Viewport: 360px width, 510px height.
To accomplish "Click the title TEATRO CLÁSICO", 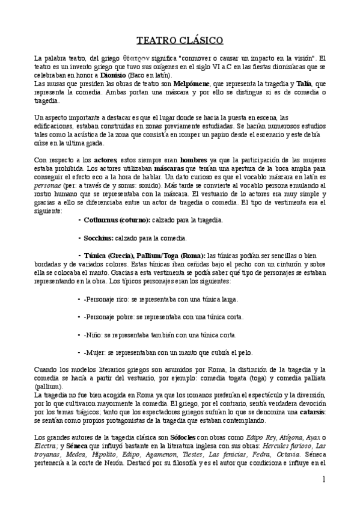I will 180,40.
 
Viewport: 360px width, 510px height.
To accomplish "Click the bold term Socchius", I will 103,238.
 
